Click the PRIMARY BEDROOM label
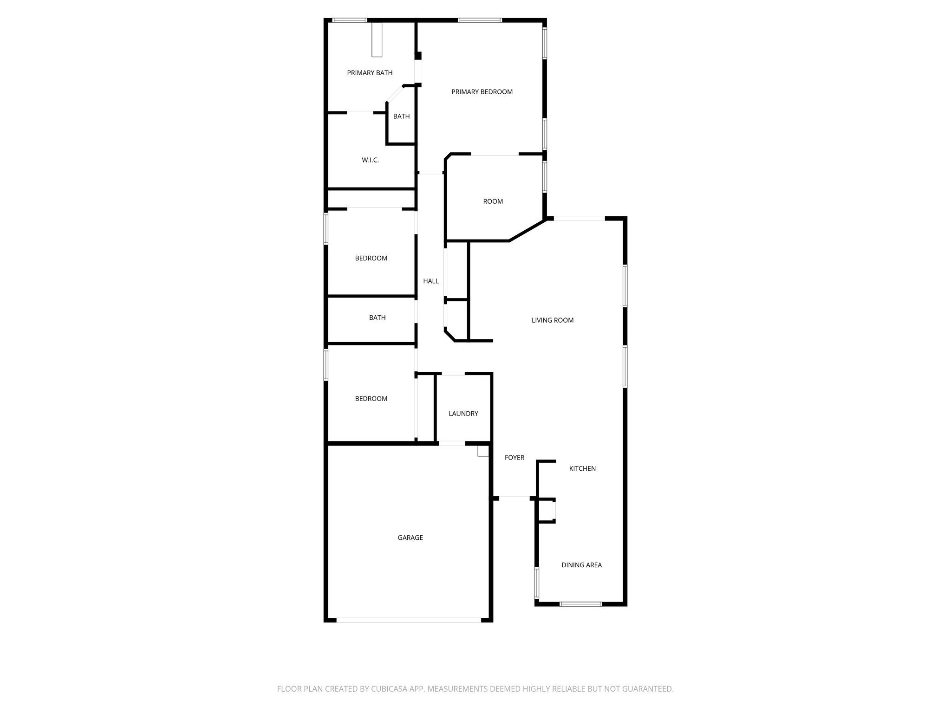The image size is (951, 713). (482, 92)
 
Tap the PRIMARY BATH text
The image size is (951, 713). (370, 73)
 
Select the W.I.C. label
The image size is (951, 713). (370, 160)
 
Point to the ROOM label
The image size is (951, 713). (493, 201)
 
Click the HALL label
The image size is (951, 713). (430, 281)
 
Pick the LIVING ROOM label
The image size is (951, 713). (552, 320)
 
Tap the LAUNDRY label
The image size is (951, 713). (463, 414)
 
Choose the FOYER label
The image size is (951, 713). (514, 458)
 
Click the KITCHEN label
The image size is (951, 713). (582, 469)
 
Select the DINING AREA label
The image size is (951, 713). (581, 565)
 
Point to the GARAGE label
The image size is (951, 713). (410, 538)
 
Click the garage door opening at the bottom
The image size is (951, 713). (409, 620)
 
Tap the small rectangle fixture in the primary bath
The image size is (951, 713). (377, 40)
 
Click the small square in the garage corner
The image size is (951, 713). (483, 451)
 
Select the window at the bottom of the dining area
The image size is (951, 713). (580, 604)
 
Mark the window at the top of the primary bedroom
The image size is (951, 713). (480, 20)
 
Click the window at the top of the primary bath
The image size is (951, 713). (350, 20)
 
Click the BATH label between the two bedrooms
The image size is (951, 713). (377, 318)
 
